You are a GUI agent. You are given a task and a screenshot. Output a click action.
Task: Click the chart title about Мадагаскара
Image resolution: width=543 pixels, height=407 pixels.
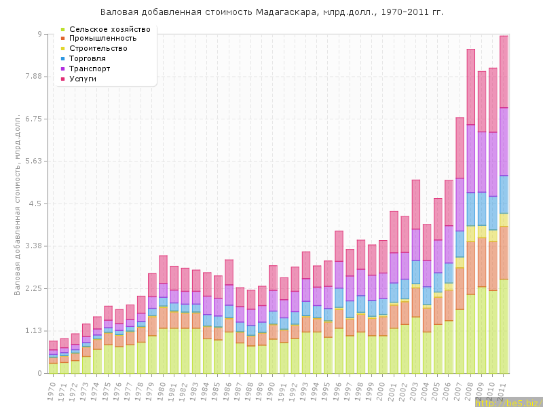(271, 12)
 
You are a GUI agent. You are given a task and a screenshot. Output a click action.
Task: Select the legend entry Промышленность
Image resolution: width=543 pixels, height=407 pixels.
(102, 39)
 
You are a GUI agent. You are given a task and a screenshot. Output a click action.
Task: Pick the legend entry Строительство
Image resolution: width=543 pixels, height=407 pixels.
(98, 49)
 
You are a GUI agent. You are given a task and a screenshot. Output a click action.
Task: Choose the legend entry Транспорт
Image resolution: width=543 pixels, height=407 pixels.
(92, 69)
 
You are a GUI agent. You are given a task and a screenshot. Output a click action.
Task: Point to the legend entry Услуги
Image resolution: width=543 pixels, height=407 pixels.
(83, 79)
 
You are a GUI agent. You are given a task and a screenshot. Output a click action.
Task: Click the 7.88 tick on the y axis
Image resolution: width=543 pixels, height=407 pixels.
(32, 77)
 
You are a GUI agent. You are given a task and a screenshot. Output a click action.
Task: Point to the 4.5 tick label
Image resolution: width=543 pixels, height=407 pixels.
(35, 203)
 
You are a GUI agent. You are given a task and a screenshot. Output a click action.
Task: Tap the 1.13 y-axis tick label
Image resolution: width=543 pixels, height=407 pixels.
(32, 331)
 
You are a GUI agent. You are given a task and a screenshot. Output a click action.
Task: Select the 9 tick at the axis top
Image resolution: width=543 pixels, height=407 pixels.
(39, 34)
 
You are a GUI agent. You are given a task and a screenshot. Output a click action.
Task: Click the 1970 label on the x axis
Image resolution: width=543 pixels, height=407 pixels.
(52, 389)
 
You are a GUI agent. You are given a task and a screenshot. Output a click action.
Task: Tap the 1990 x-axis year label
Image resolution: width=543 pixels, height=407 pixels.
(271, 389)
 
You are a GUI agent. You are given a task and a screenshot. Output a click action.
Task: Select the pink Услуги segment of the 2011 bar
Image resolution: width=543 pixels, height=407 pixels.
(504, 71)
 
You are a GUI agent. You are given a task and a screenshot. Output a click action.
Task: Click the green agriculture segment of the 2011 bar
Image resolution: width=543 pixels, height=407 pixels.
(504, 326)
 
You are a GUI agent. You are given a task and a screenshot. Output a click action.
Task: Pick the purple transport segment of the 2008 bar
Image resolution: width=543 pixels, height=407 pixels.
(471, 159)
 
